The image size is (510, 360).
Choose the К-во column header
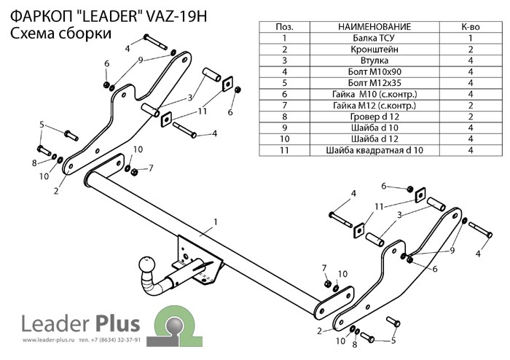tap(470, 27)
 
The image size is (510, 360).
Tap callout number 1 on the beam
tap(216, 222)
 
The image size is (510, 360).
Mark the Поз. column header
tap(284, 27)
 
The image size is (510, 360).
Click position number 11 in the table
tap(284, 151)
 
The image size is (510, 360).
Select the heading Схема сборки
tap(60, 34)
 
